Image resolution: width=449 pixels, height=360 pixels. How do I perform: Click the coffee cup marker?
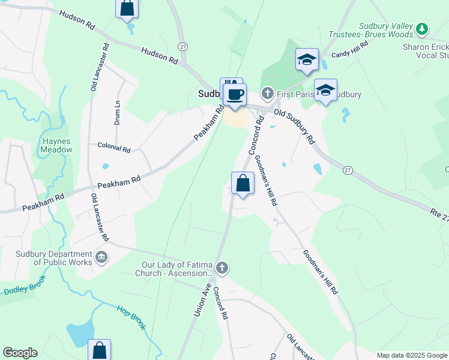(x=236, y=94)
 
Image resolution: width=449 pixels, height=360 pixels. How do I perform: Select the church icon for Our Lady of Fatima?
(x=222, y=268)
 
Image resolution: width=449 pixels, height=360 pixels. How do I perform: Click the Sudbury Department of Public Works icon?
(x=101, y=258)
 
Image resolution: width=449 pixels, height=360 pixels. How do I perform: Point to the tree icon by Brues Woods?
(x=422, y=28)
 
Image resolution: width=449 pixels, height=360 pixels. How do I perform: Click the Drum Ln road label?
(x=118, y=112)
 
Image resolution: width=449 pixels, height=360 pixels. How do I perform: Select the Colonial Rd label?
(x=114, y=148)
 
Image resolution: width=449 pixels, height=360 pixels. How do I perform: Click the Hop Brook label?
(x=131, y=317)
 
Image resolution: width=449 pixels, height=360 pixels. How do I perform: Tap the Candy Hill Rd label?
(x=349, y=54)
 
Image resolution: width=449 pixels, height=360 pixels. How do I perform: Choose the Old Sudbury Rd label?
(x=294, y=125)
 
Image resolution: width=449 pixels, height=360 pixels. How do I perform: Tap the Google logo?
(x=20, y=353)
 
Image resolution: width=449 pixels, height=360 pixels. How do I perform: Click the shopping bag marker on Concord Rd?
(x=243, y=183)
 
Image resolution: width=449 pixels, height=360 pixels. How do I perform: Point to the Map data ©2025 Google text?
(x=412, y=355)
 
